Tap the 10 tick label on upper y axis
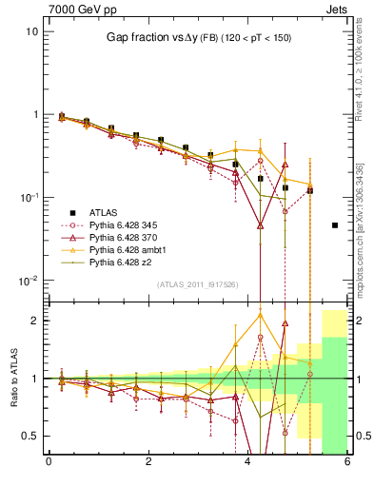tap(31, 31)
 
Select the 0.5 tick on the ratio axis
tap(30, 436)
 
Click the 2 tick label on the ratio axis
tap(35, 321)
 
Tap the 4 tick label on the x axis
tap(248, 462)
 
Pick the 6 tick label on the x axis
tap(347, 462)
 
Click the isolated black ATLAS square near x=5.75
tap(335, 225)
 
